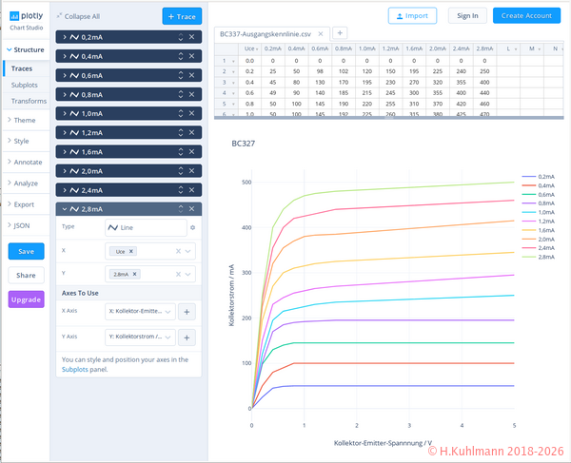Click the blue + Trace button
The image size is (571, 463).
click(x=182, y=16)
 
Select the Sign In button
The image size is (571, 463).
click(x=467, y=15)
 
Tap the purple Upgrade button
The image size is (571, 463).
click(x=26, y=299)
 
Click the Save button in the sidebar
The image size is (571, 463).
click(x=26, y=251)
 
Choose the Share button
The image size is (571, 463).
click(x=26, y=275)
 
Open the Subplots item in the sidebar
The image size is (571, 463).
click(x=24, y=85)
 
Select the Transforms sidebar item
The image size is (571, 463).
click(x=29, y=101)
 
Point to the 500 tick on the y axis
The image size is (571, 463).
click(x=245, y=183)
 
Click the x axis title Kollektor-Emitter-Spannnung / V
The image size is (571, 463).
click(x=384, y=442)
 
